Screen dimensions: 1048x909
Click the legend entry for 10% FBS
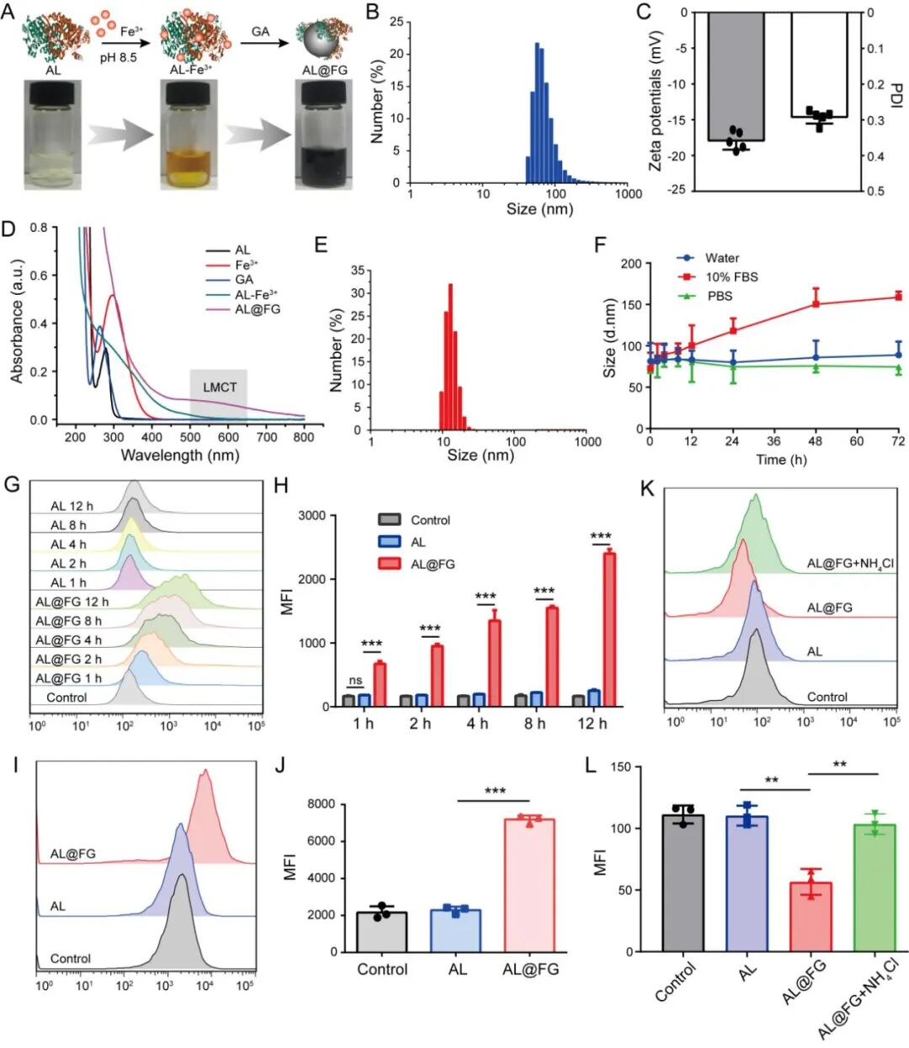coord(731,277)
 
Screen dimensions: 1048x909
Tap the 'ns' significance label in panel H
coord(355,681)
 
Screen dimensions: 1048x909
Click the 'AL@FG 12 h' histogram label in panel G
coord(72,602)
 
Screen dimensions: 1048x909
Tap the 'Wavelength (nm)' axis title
coord(180,456)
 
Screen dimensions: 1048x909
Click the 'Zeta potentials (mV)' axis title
coord(656,101)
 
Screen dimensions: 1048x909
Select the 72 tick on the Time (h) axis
coord(898,441)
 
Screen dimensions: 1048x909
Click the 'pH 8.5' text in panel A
coord(118,58)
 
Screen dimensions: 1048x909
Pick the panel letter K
coord(648,488)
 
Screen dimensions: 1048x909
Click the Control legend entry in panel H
coord(429,521)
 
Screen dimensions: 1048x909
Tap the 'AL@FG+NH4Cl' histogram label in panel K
coord(850,564)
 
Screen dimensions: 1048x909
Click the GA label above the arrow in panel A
coord(261,32)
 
